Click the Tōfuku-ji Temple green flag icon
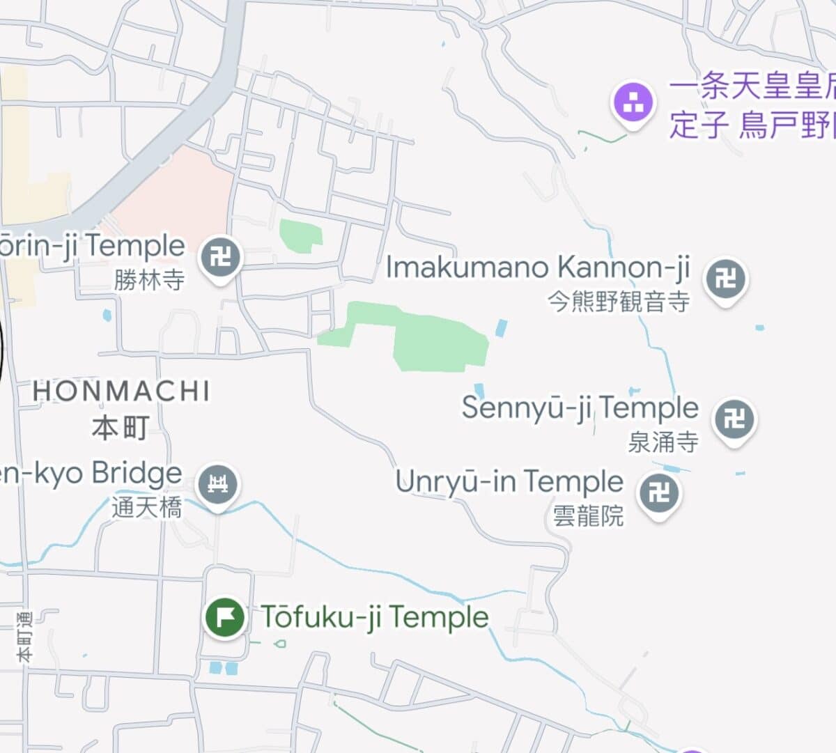pyautogui.click(x=225, y=617)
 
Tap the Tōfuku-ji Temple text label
pyautogui.click(x=375, y=617)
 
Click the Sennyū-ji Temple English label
pyautogui.click(x=580, y=407)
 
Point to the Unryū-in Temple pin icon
pyautogui.click(x=658, y=493)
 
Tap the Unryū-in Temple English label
pyautogui.click(x=509, y=481)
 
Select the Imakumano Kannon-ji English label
pyautogui.click(x=538, y=267)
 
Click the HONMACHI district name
pyautogui.click(x=121, y=391)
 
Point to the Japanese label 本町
pyautogui.click(x=120, y=426)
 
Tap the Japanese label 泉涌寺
pyautogui.click(x=663, y=442)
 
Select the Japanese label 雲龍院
pyautogui.click(x=588, y=516)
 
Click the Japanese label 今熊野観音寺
pyautogui.click(x=619, y=302)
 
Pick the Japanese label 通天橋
pyautogui.click(x=147, y=507)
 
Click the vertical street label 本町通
pyautogui.click(x=24, y=636)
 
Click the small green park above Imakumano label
pyautogui.click(x=301, y=234)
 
